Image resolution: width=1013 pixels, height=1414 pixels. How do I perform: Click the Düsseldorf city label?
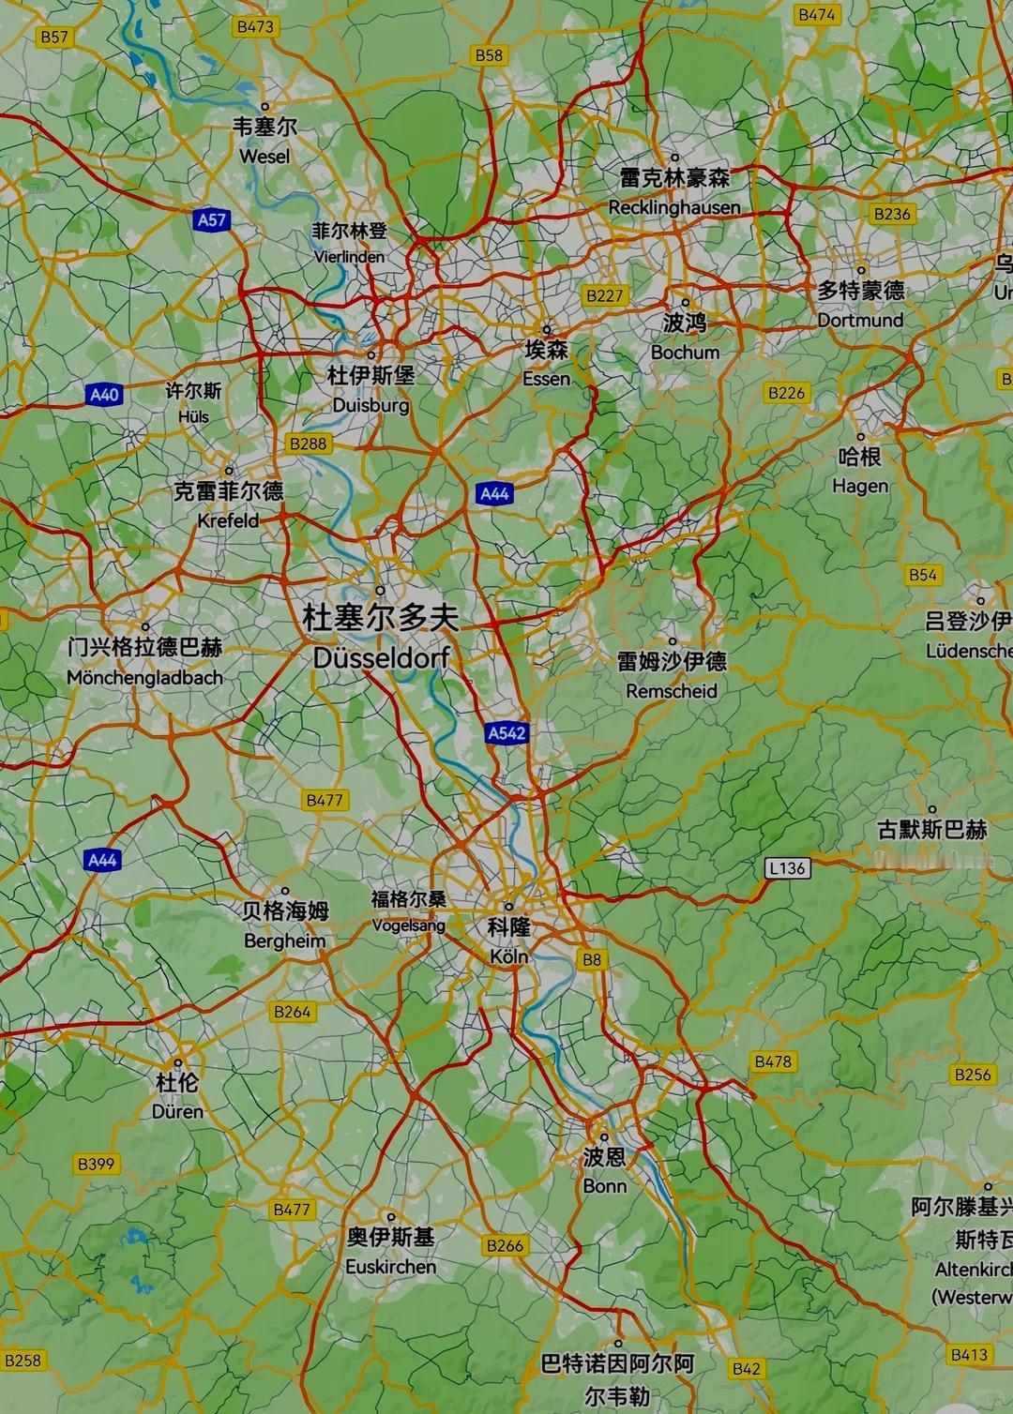pos(381,657)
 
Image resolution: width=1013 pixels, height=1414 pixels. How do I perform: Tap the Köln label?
pos(509,956)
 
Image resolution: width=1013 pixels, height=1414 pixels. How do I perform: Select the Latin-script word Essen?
pos(547,378)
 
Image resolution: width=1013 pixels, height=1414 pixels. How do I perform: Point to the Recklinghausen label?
pos(674,207)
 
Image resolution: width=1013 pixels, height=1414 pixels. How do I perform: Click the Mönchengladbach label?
pos(144,677)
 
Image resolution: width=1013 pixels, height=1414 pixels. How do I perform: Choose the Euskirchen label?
pos(391,1266)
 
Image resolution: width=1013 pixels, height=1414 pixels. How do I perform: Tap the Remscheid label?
pos(672,691)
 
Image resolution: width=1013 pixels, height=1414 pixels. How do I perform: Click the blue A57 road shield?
pos(212,220)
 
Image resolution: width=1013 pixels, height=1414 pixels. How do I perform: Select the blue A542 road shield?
pos(506,733)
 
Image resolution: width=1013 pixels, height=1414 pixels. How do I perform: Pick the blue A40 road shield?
pos(103,395)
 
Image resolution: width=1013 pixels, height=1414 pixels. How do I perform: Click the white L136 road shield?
pos(786,868)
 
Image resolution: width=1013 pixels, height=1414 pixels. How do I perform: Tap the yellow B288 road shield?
pos(308,444)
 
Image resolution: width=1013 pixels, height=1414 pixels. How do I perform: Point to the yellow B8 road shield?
pos(591,959)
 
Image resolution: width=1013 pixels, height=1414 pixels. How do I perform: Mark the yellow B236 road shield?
pos(892,214)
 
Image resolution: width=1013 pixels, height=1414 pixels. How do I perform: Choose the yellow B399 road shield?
pos(96,1164)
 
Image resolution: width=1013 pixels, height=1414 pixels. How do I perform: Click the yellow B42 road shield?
pos(746,1369)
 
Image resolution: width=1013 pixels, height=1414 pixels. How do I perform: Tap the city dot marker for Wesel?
pos(265,106)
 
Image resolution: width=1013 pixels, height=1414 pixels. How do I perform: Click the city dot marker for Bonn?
pos(604,1136)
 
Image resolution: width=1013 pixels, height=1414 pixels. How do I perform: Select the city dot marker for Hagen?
pos(860,437)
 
